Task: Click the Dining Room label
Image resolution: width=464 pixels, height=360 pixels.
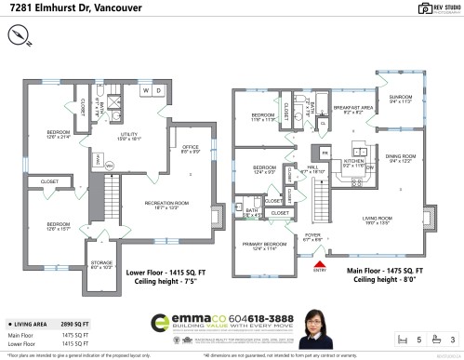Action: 400,158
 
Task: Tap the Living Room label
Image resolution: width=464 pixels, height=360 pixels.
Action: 378,220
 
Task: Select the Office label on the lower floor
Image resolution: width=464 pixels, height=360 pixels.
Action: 192,149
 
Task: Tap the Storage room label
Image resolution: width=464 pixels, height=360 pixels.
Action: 101,266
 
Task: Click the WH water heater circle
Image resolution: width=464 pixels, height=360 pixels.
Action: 109,166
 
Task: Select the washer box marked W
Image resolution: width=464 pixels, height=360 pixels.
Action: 145,90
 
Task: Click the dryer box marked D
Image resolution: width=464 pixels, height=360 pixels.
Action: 158,90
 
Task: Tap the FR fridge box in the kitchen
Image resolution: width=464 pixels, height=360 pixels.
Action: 325,151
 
